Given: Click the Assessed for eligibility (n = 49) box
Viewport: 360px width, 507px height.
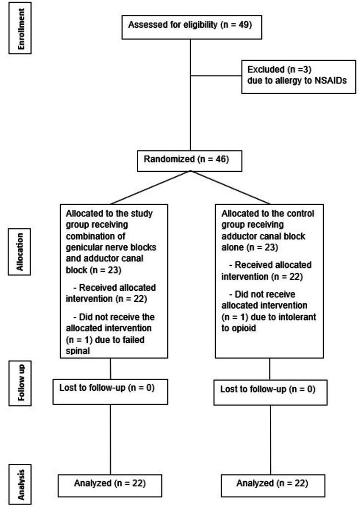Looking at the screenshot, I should point(191,22).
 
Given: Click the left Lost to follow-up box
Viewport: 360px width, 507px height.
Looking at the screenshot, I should point(110,387).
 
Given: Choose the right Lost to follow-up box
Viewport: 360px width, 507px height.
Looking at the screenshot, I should point(270,388).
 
